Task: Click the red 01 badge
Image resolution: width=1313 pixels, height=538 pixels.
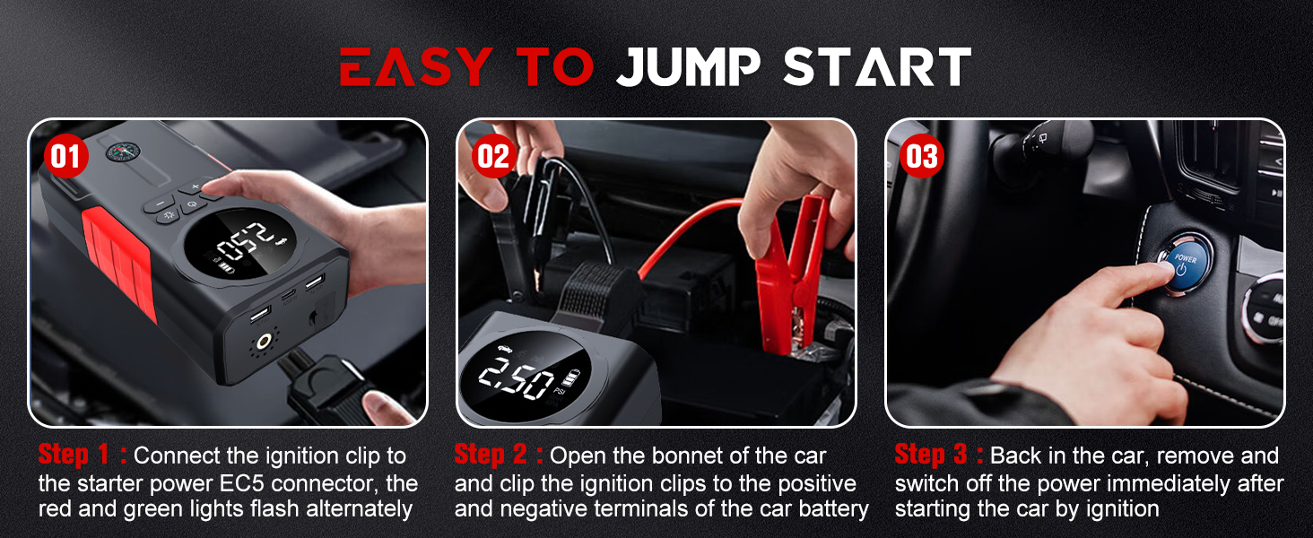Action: point(65,157)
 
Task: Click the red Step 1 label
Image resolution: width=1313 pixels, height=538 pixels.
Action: point(82,456)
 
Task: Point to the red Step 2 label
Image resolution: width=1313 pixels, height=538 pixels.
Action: point(499,456)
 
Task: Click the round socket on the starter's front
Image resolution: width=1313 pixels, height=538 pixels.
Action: point(265,342)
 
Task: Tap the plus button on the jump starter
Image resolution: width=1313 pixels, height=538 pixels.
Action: point(195,186)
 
